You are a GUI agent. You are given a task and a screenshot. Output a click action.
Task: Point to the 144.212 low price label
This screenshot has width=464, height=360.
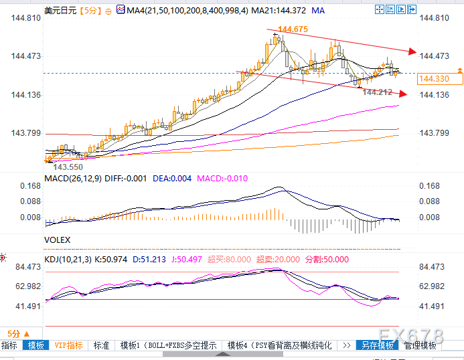coord(377,92)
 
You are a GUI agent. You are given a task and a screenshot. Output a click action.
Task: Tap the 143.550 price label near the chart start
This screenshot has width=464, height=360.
coord(68,167)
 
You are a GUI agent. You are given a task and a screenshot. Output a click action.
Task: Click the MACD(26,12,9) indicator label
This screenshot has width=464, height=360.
coord(72,178)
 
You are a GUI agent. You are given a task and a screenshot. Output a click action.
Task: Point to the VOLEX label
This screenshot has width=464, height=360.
coord(57,239)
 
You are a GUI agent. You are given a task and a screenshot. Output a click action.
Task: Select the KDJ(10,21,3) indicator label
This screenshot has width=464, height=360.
coord(68,258)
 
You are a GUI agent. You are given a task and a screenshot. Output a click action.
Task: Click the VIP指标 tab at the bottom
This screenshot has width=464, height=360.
coord(69,345)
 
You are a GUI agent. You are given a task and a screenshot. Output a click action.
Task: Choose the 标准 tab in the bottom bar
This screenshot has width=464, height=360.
coord(101,345)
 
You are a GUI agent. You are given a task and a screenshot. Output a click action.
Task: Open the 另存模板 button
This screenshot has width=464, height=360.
coord(377,345)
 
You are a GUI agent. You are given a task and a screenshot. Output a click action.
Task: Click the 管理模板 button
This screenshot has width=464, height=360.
coord(420,345)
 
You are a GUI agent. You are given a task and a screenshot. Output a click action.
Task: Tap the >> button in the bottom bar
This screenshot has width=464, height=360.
coord(346,345)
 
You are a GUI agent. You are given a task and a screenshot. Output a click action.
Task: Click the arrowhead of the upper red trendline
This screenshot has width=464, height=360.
coord(412,52)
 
